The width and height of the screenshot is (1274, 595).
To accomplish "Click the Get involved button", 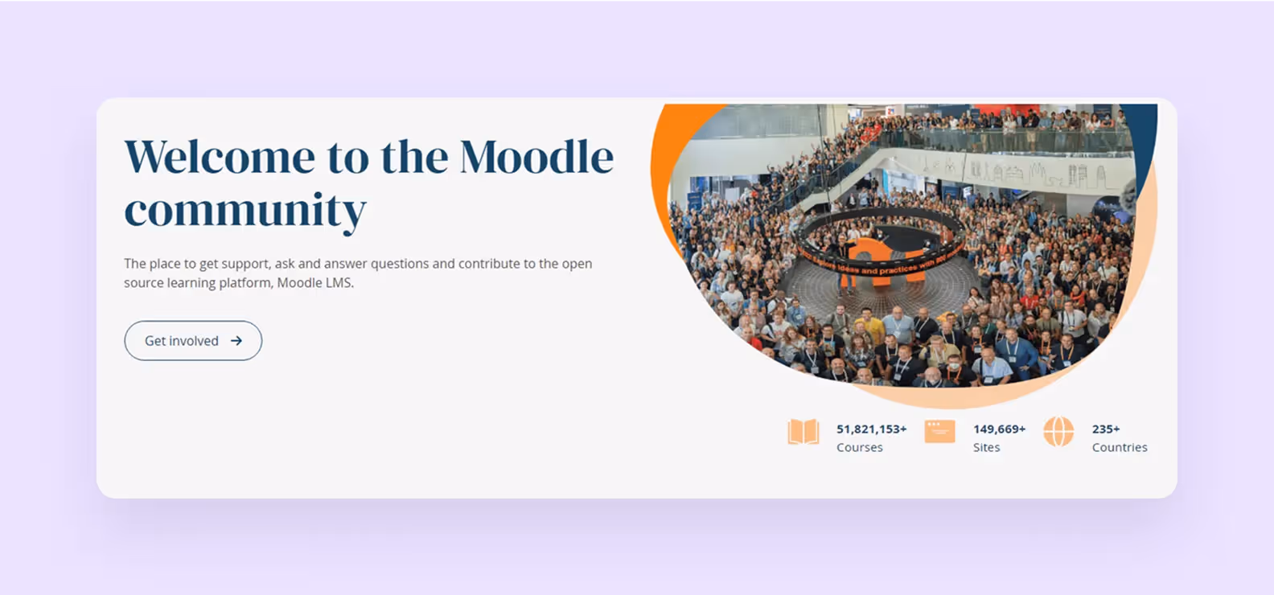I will pyautogui.click(x=193, y=341).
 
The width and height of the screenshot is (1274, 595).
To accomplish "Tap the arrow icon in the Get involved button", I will pyautogui.click(x=236, y=341).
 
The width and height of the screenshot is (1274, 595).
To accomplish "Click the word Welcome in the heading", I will pyautogui.click(x=219, y=157).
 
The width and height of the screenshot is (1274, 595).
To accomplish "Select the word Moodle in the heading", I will pyautogui.click(x=536, y=157).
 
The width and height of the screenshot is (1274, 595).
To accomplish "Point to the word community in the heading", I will pyautogui.click(x=245, y=211).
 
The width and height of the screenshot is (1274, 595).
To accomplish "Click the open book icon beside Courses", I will pyautogui.click(x=803, y=432).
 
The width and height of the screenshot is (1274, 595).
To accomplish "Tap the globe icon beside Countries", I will pyautogui.click(x=1058, y=432).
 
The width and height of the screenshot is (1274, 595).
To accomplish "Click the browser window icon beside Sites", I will pyautogui.click(x=939, y=431).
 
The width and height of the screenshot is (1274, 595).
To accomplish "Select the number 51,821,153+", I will pyautogui.click(x=871, y=429).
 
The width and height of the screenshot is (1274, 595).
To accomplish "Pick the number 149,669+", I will pyautogui.click(x=999, y=429).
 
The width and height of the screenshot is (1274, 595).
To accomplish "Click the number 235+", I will pyautogui.click(x=1105, y=429).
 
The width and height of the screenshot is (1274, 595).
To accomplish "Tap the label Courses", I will pyautogui.click(x=859, y=448).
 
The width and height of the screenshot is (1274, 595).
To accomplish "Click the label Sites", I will pyautogui.click(x=986, y=448).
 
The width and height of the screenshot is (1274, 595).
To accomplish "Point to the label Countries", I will pyautogui.click(x=1119, y=448).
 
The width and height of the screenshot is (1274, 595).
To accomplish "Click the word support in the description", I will pyautogui.click(x=245, y=264).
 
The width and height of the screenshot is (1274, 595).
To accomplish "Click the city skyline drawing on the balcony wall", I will pyautogui.click(x=1038, y=172).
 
